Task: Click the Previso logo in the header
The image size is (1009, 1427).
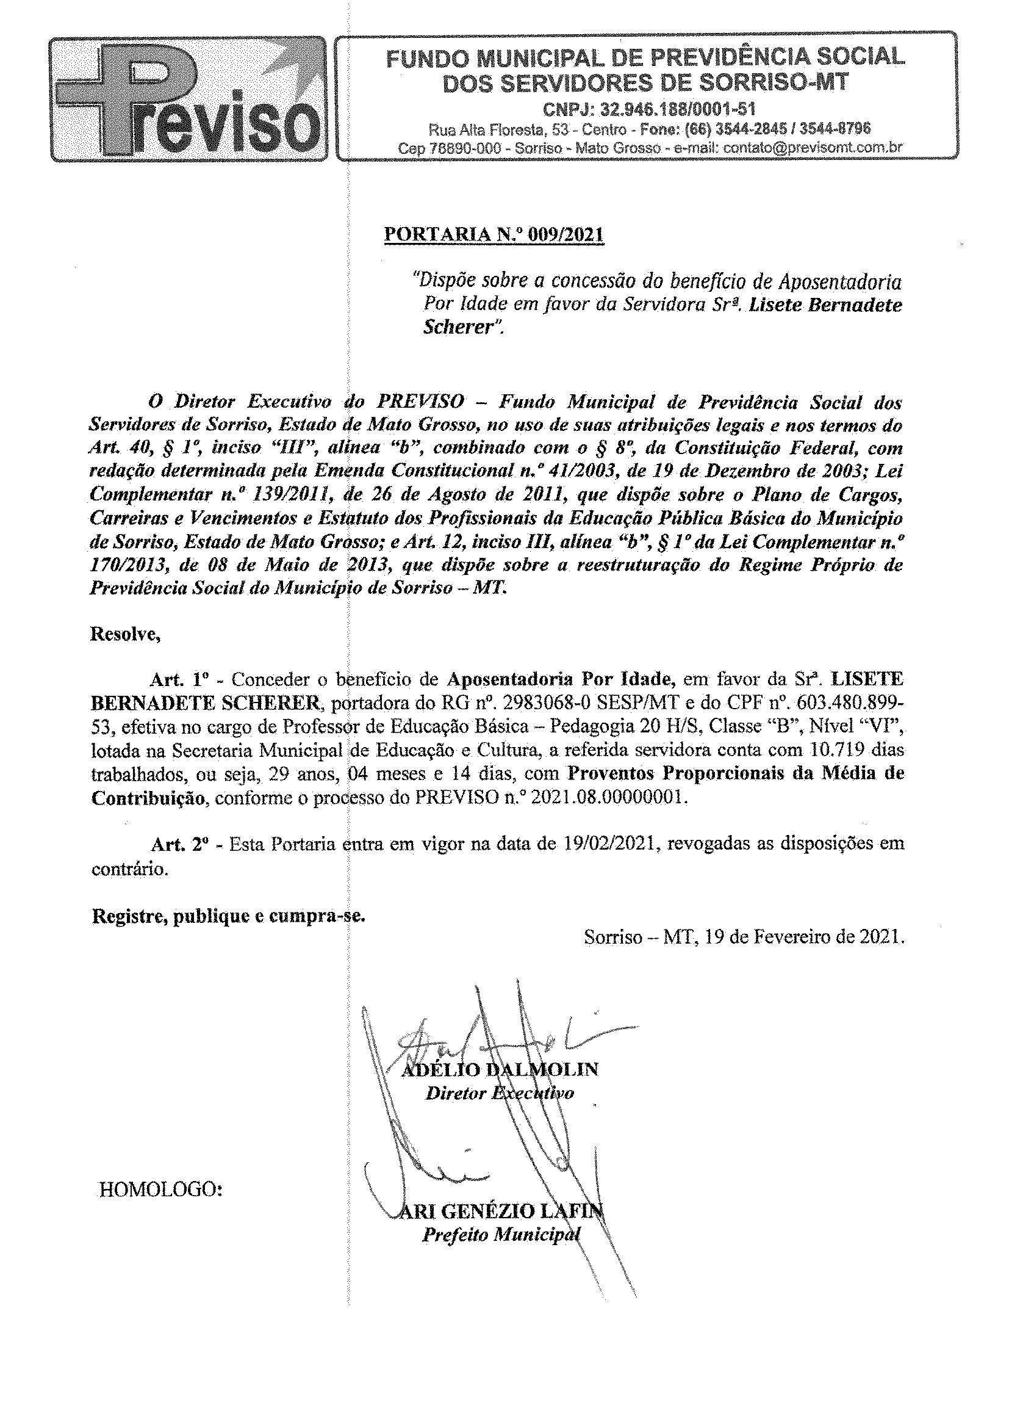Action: [x=188, y=100]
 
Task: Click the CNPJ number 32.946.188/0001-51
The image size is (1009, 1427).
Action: [x=649, y=110]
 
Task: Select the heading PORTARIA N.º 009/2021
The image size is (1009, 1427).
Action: [x=494, y=235]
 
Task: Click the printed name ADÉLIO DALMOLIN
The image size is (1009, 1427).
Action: [x=500, y=1069]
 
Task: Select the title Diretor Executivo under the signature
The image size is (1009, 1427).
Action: [x=499, y=1093]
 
